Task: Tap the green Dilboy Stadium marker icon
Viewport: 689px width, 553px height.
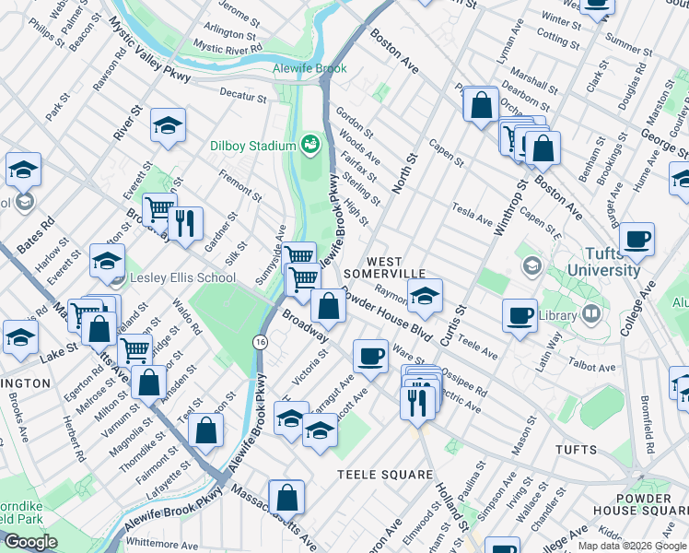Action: tap(309, 145)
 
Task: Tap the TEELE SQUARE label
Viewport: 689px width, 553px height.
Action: tap(384, 475)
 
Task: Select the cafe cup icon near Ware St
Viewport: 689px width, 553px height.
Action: tap(371, 355)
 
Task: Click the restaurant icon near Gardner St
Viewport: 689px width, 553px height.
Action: tap(185, 223)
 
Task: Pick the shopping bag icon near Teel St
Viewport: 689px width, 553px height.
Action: tap(208, 429)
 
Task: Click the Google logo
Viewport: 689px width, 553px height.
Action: tap(30, 542)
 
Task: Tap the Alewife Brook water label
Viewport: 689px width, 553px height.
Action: tap(309, 69)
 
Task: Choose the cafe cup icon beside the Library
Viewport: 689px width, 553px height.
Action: tap(520, 315)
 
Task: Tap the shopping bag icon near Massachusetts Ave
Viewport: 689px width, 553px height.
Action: tap(286, 496)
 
